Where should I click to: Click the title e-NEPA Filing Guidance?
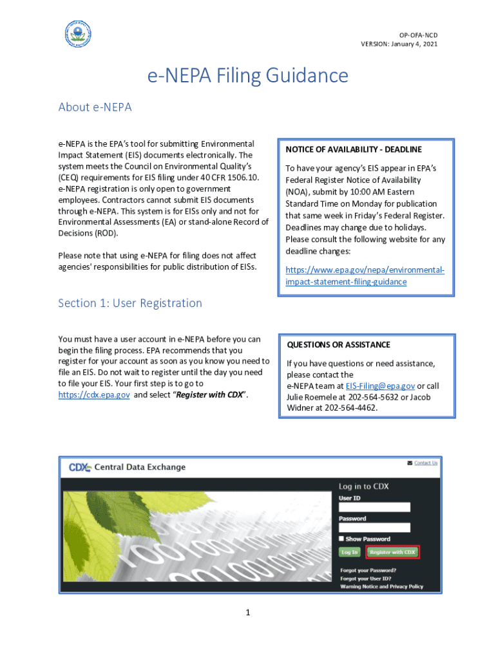coord(248,76)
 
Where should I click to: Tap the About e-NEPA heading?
coord(95,107)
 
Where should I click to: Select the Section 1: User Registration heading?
coord(130,302)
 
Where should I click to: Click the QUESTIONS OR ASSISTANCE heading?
coord(338,344)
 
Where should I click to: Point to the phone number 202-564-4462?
coord(350,407)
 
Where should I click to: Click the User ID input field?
coord(374,507)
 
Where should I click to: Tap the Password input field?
coord(374,528)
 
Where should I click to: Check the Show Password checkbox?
coord(342,539)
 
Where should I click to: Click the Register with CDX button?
coord(392,552)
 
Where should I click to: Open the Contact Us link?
coord(425,463)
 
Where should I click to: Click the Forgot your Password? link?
coord(368,570)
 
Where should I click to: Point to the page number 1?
coord(247,612)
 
